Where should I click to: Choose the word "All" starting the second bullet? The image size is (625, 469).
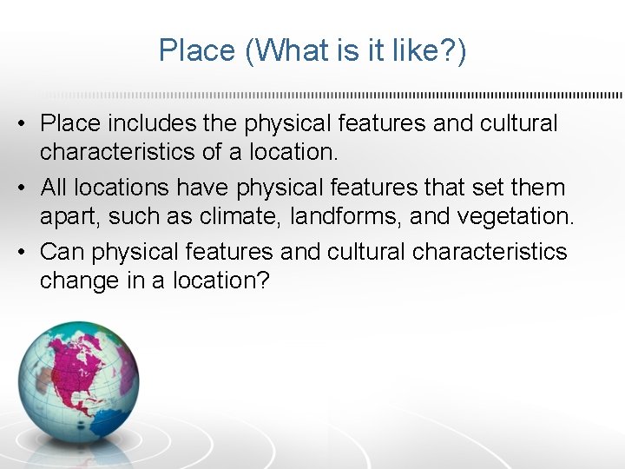click(x=54, y=188)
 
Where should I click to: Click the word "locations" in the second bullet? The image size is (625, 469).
click(x=124, y=188)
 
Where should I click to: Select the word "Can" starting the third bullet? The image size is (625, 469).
click(x=62, y=252)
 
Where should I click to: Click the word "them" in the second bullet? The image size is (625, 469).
click(x=539, y=188)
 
